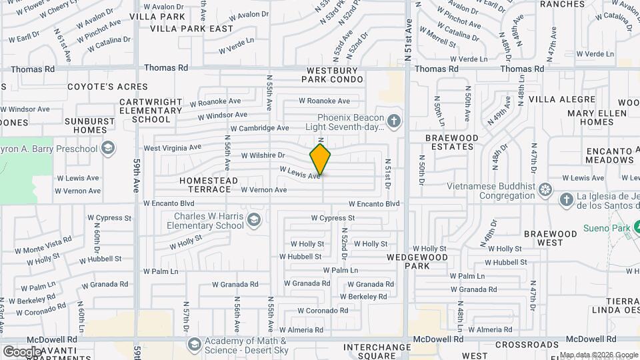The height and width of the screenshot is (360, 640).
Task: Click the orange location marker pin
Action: [x=320, y=159]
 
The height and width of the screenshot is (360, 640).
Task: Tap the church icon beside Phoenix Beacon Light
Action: [x=395, y=121]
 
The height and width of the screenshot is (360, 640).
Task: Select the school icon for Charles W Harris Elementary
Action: [x=253, y=220]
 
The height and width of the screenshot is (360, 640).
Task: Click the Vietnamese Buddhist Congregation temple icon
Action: [x=545, y=191]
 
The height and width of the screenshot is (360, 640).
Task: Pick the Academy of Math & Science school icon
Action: [x=194, y=344]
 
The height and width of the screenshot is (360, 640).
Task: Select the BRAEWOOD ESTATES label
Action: [x=452, y=142]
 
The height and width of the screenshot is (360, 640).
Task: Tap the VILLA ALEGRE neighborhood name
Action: [x=561, y=99]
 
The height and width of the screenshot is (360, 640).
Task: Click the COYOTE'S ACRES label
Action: [x=99, y=87]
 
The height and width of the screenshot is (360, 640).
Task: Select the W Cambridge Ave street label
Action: [x=259, y=128]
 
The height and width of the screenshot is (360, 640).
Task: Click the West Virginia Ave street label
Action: [x=172, y=147]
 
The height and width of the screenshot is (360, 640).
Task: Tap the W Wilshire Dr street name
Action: [x=263, y=155]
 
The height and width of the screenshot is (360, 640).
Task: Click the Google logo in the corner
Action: [x=22, y=351]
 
